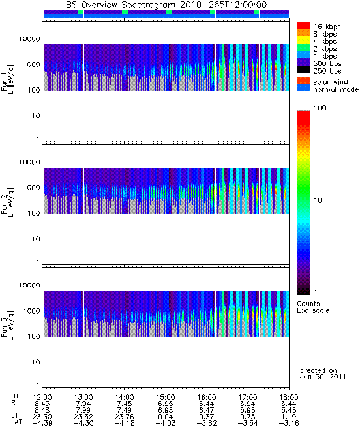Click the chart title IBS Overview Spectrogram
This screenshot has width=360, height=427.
[x=119, y=5]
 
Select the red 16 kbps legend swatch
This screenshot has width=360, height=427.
[x=304, y=25]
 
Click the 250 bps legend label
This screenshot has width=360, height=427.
[x=327, y=71]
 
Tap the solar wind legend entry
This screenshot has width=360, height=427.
[x=331, y=82]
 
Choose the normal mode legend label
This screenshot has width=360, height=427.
[x=336, y=89]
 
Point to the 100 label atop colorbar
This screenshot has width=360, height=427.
[x=320, y=108]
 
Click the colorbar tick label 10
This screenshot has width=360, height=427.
[x=318, y=200]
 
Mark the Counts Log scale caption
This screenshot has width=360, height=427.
[x=313, y=307]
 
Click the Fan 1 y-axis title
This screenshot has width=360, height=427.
[x=8, y=79]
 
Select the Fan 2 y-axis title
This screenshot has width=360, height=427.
[x=8, y=202]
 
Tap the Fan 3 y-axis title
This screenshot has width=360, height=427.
[x=8, y=325]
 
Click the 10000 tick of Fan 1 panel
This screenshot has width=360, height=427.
[x=29, y=39]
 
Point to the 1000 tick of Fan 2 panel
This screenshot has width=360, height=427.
[x=31, y=188]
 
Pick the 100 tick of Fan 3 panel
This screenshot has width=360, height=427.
[x=34, y=336]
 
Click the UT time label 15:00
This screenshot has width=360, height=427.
[x=166, y=397]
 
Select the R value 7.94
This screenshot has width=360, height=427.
[x=83, y=404]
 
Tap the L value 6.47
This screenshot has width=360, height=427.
[x=207, y=410]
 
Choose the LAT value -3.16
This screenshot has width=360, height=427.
[x=289, y=423]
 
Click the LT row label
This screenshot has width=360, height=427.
[x=14, y=417]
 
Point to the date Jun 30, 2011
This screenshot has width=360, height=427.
[x=323, y=377]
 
